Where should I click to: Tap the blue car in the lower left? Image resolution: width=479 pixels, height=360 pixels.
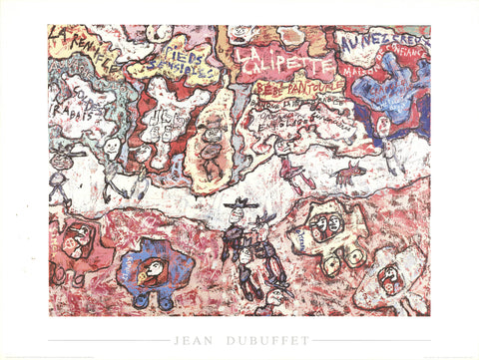click(x=151, y=270)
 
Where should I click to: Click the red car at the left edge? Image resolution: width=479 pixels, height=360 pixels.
click(x=76, y=244)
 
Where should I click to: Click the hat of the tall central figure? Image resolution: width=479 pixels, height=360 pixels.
click(x=237, y=204)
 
